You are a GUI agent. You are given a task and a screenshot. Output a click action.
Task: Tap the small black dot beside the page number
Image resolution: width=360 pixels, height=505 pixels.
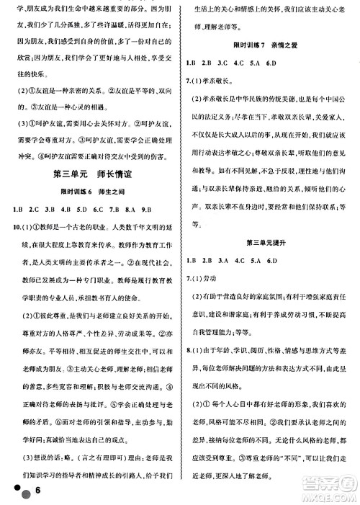[13, 486]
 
